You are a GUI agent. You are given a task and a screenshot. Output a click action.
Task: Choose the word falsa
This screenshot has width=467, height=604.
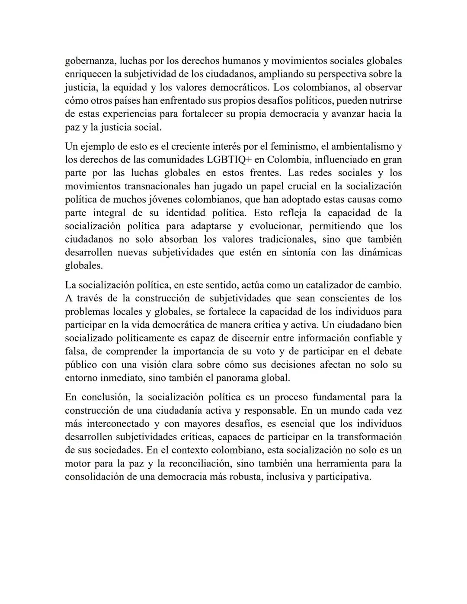tap(76, 352)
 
